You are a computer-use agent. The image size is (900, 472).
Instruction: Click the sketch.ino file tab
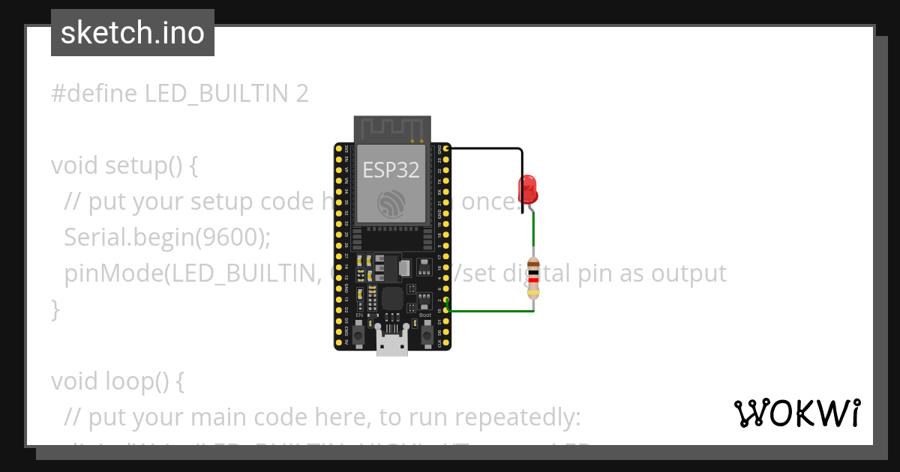(133, 33)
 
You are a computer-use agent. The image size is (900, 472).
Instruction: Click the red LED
(528, 189)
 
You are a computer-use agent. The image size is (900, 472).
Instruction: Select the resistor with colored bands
(533, 278)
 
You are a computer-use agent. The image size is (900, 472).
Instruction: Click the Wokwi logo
(796, 413)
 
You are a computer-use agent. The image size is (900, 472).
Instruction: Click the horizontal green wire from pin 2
(491, 310)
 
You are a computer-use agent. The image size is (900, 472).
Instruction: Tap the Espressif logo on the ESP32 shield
(391, 203)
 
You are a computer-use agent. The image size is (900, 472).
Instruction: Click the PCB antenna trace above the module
(392, 129)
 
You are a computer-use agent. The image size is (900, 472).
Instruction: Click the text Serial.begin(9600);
(166, 237)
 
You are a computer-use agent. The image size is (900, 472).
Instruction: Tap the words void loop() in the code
(117, 381)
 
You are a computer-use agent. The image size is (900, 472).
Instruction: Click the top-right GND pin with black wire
(447, 149)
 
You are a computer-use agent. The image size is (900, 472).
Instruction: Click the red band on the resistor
(533, 282)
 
